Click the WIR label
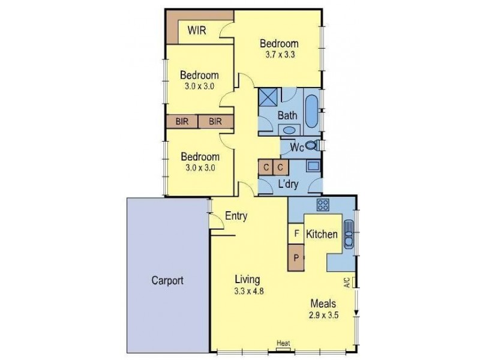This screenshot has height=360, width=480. click(x=197, y=31)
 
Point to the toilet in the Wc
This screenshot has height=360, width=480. click(x=311, y=146)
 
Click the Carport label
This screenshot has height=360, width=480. click(x=167, y=280)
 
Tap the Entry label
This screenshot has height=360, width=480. click(x=236, y=217)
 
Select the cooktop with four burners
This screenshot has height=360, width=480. click(x=323, y=205)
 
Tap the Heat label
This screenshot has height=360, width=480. click(x=283, y=343)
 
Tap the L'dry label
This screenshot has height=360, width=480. click(x=289, y=184)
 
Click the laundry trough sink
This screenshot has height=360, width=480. click(x=312, y=167)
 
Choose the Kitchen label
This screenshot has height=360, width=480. click(x=322, y=235)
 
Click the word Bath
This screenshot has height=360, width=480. click(x=287, y=115)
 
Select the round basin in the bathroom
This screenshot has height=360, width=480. click(x=289, y=130)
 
